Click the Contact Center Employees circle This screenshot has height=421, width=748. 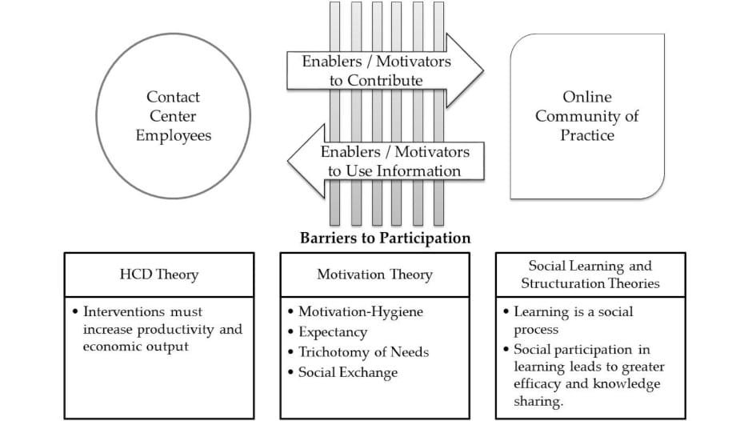pyautogui.click(x=174, y=116)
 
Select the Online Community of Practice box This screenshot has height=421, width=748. pyautogui.click(x=587, y=116)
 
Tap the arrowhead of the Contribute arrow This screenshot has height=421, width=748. pyautogui.click(x=468, y=70)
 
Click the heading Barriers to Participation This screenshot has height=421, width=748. pyautogui.click(x=385, y=238)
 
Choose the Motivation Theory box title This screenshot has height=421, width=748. pyautogui.click(x=374, y=275)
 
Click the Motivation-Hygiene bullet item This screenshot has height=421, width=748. pyautogui.click(x=355, y=311)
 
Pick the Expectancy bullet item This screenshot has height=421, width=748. pyautogui.click(x=333, y=331)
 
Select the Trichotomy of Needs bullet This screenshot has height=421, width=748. pyautogui.click(x=363, y=352)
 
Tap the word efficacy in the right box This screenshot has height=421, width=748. pyautogui.click(x=538, y=385)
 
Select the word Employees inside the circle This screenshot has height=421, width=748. pyautogui.click(x=174, y=135)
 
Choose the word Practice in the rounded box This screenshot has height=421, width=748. pyautogui.click(x=587, y=135)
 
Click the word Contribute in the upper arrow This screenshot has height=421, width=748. pyautogui.click(x=385, y=80)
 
